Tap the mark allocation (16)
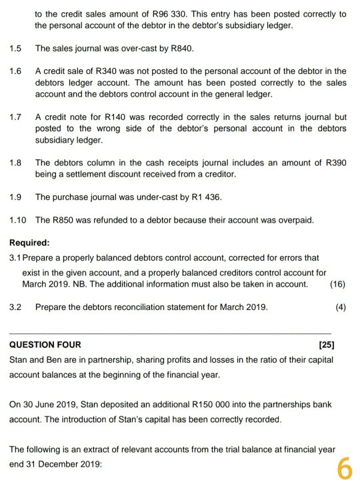coord(338,283)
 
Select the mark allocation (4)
coord(341,307)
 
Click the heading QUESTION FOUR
coord(45,345)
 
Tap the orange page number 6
coord(343,469)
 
